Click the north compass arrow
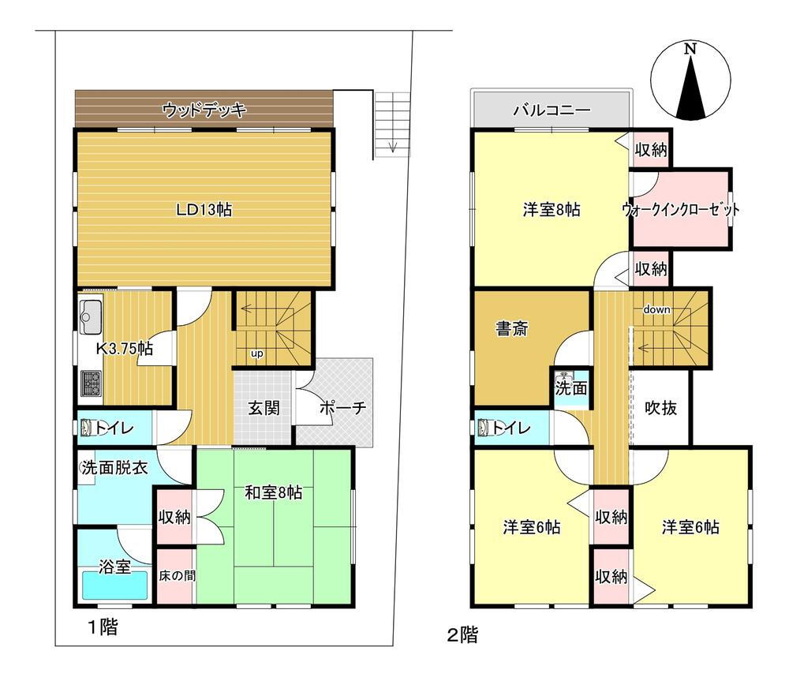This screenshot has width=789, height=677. point(690,88)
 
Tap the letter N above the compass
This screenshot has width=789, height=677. point(690,49)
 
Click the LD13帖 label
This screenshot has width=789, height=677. point(204,209)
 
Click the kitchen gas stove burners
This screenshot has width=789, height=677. point(91,383)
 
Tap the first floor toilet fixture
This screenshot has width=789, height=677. point(86,428)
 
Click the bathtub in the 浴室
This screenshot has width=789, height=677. point(115,585)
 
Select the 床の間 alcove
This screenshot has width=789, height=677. point(176,575)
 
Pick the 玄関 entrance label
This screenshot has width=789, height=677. point(264,408)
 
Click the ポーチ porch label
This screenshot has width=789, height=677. point(342,408)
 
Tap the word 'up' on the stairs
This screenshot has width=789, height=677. point(256,353)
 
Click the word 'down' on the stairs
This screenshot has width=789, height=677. point(656,309)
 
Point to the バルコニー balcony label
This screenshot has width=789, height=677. point(552,109)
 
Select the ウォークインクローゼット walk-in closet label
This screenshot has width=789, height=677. point(680,209)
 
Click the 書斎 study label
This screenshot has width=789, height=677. point(512,329)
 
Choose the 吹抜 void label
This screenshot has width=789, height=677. point(660,408)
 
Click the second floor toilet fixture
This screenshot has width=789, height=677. point(484,428)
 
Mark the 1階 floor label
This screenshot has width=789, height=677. point(103,627)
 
